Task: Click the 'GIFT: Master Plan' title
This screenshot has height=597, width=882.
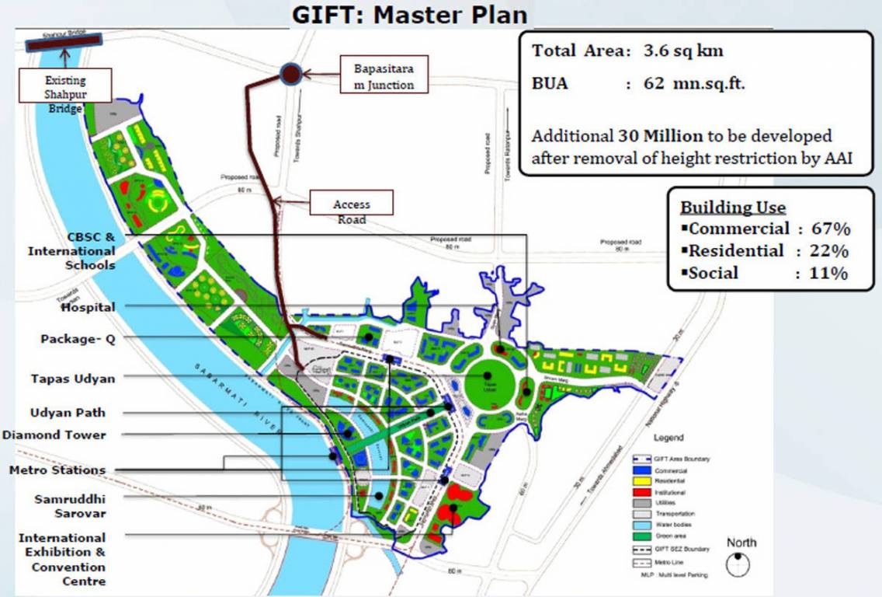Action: point(409,15)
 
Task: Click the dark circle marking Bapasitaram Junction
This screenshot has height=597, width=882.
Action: point(290,74)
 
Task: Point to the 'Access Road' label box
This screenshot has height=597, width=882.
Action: point(351,204)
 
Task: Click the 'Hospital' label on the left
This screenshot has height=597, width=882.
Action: point(88,307)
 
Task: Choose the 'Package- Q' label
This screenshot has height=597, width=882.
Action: point(78,339)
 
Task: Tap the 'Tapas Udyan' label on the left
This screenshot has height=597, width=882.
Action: point(73,379)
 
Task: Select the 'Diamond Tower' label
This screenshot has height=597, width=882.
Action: point(54,435)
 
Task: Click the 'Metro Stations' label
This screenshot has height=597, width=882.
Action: point(57,470)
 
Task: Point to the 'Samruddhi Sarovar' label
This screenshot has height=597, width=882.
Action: point(70,505)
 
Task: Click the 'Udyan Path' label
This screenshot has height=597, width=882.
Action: point(68,413)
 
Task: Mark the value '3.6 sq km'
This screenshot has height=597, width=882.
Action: point(683,51)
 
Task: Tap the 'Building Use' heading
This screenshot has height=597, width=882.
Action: point(733,208)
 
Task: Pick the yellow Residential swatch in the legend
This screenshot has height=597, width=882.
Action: point(641,482)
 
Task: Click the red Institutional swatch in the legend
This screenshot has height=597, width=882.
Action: point(641,493)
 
